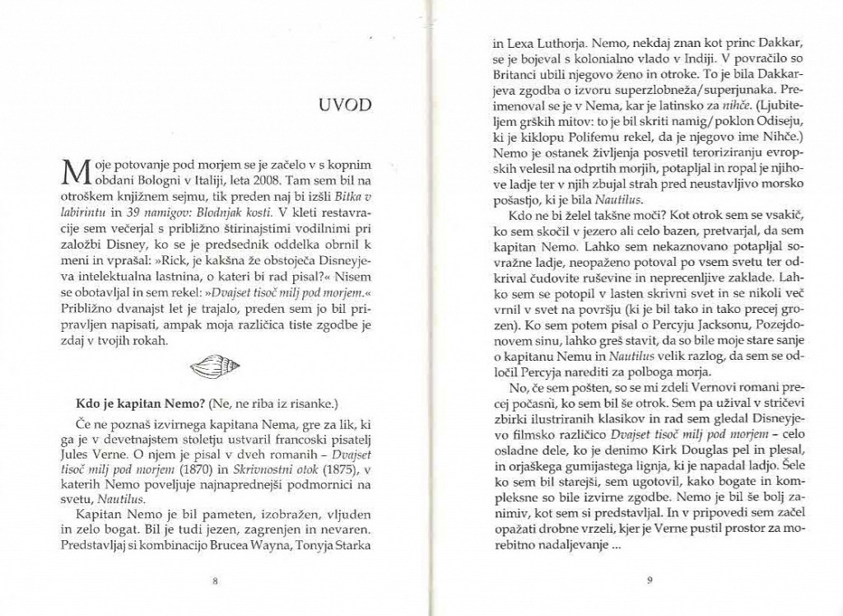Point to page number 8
215,581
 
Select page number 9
650,581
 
